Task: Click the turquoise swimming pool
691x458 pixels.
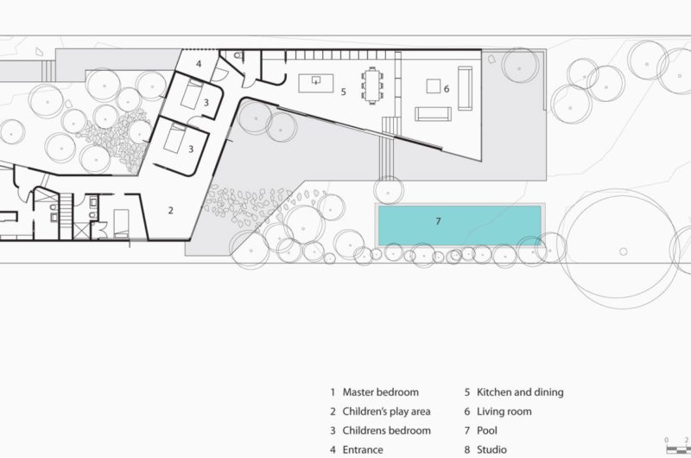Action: pos(460,226)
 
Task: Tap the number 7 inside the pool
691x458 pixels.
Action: pos(438,221)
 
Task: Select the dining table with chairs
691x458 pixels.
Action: pos(372,86)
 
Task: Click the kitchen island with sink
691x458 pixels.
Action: pos(316,83)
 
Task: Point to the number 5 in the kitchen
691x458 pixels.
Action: pos(343,92)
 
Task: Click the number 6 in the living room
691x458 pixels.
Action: pos(447,89)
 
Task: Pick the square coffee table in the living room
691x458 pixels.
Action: pos(434,86)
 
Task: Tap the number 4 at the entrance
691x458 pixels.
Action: pos(199,64)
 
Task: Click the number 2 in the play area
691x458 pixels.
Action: pos(170,210)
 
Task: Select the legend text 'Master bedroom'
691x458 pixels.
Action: pos(381,391)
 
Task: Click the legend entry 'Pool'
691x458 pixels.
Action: pos(487,430)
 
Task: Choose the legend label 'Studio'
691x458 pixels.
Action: pos(491,449)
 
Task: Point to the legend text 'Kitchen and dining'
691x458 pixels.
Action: pos(520,391)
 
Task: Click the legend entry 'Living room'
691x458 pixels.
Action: pos(504,411)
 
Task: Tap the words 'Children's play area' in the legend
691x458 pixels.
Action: pos(386,411)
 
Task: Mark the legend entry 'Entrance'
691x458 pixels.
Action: pos(363,449)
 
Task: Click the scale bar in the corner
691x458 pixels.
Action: pos(678,449)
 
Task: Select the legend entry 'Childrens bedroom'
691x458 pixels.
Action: pos(386,430)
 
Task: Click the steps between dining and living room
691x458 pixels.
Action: pos(391,125)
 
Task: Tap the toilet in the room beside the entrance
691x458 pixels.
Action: pos(238,55)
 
